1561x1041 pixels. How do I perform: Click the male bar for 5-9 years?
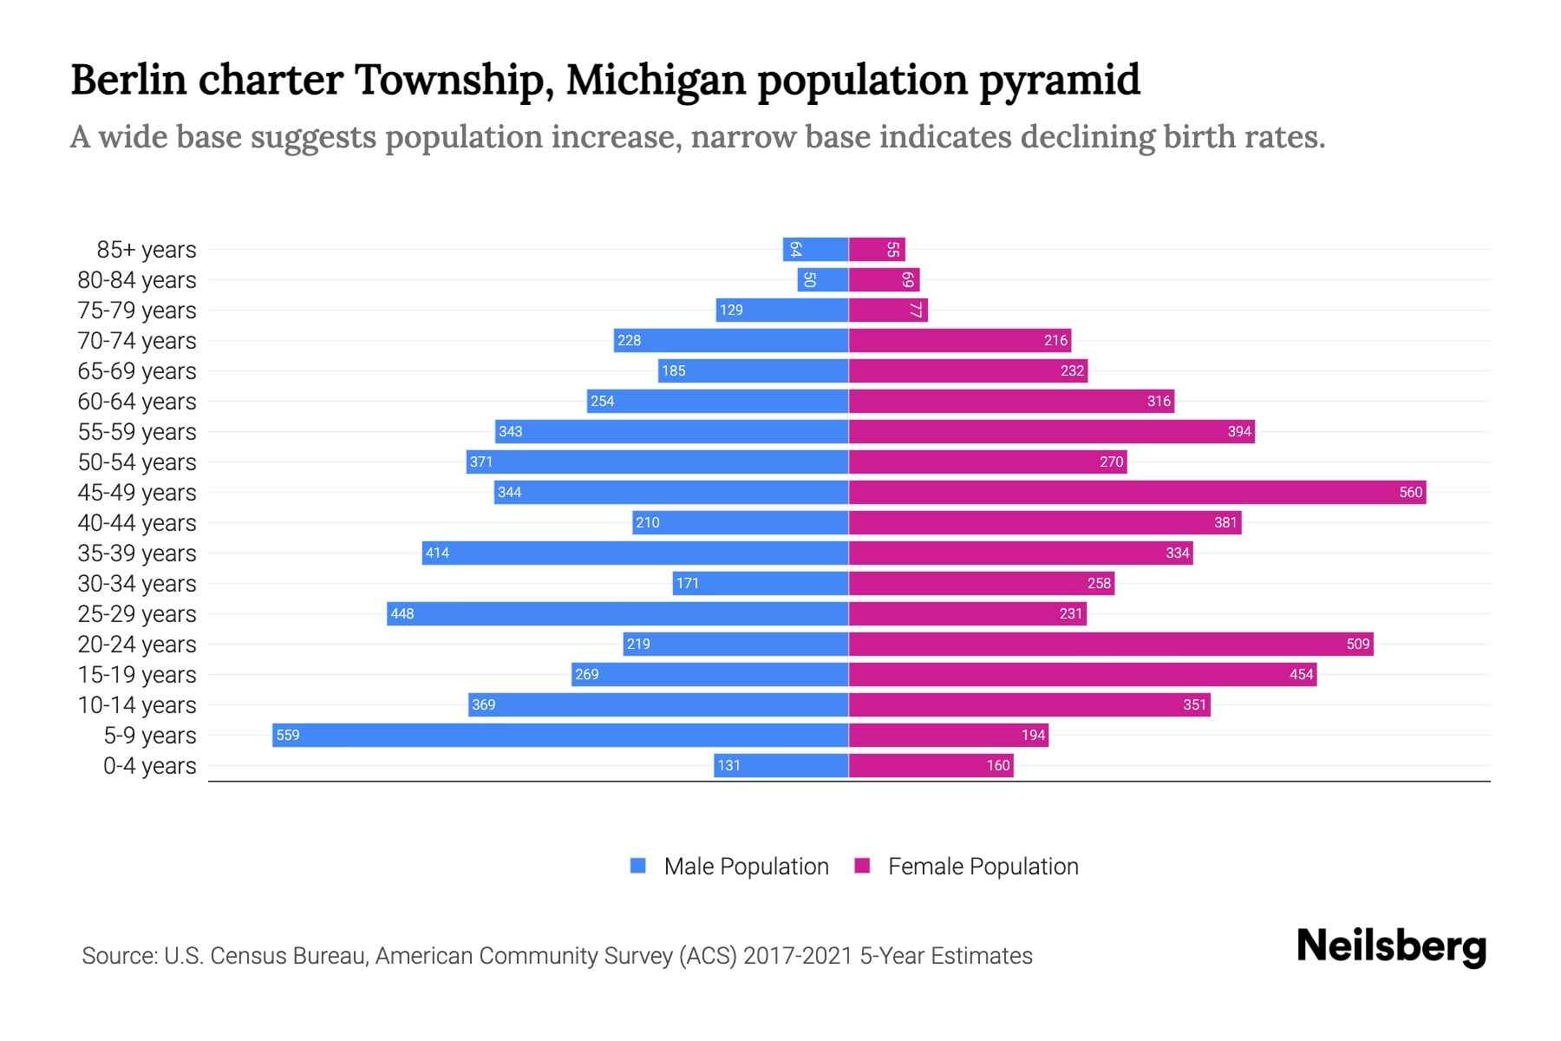(x=559, y=735)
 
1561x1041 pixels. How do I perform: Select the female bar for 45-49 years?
(x=1136, y=492)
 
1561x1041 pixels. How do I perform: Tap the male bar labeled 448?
(x=617, y=613)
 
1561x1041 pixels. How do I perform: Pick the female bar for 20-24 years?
(x=1110, y=644)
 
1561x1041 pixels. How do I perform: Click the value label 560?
(x=1410, y=492)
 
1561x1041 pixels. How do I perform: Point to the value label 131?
(x=728, y=765)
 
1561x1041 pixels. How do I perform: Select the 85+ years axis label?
(x=146, y=250)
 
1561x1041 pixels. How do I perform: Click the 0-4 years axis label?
(x=149, y=766)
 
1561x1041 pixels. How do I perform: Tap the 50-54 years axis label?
(x=137, y=462)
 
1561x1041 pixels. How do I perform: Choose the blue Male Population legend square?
(x=638, y=866)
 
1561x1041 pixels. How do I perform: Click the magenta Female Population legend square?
(x=862, y=866)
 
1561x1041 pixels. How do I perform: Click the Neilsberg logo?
(x=1391, y=946)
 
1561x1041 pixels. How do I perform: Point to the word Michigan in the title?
(x=656, y=80)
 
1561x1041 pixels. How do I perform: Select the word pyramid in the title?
(x=1060, y=80)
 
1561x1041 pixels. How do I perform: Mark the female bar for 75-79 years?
(x=888, y=310)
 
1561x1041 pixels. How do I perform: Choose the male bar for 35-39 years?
(x=635, y=553)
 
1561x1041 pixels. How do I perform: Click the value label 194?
(x=1033, y=735)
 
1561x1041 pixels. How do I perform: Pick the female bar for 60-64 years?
(x=1010, y=401)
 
